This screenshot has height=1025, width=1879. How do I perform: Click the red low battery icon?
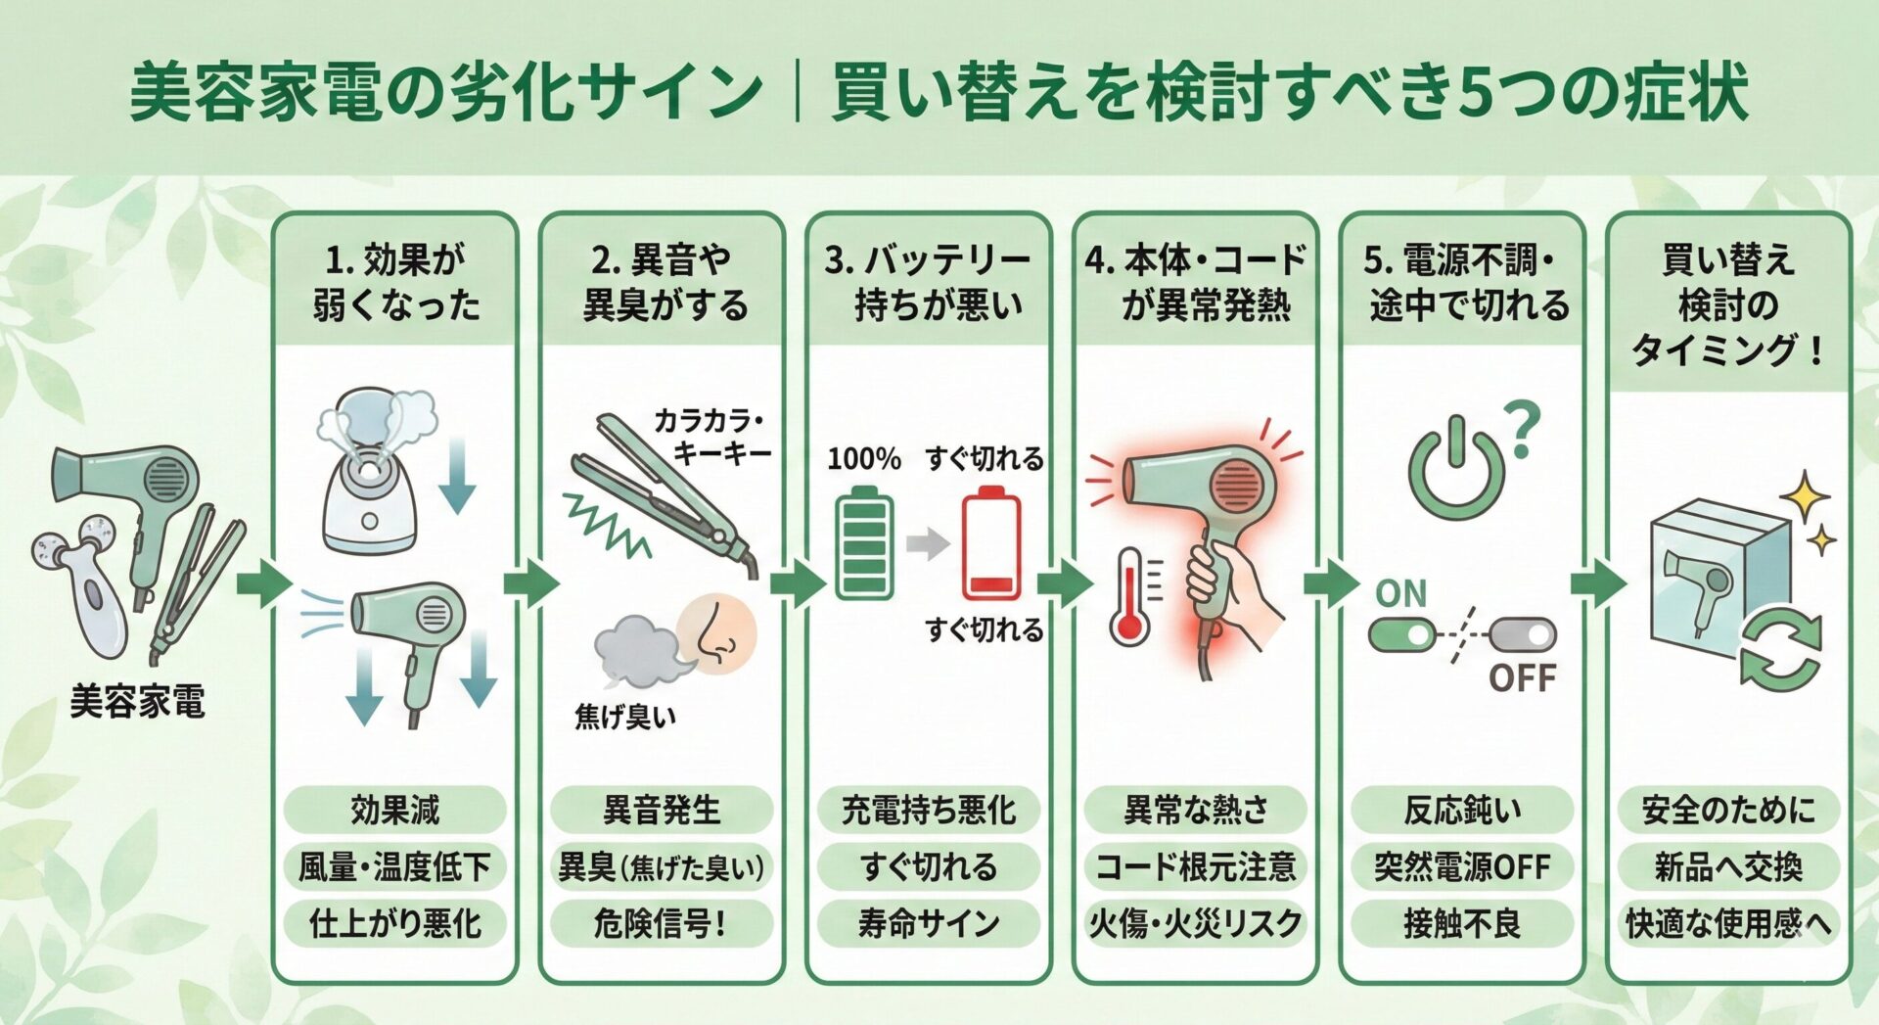click(x=990, y=547)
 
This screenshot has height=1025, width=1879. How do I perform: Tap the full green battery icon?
click(x=864, y=544)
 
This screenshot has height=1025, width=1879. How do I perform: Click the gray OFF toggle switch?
click(x=1523, y=635)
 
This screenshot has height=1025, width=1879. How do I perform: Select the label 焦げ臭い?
click(x=624, y=717)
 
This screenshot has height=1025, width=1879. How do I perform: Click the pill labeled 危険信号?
click(x=661, y=922)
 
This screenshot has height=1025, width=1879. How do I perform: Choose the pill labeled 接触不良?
click(x=1461, y=922)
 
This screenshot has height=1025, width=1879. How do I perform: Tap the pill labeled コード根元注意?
click(x=1195, y=866)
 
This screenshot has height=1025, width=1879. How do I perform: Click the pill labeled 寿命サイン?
click(x=928, y=922)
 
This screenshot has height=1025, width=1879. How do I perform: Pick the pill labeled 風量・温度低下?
click(x=394, y=866)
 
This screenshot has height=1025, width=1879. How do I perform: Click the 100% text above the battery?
click(x=863, y=458)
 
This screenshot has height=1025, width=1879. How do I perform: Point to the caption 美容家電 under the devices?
click(x=137, y=702)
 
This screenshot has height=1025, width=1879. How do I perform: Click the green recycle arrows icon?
click(x=1779, y=647)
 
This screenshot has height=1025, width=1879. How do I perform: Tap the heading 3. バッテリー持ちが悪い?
click(x=928, y=282)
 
